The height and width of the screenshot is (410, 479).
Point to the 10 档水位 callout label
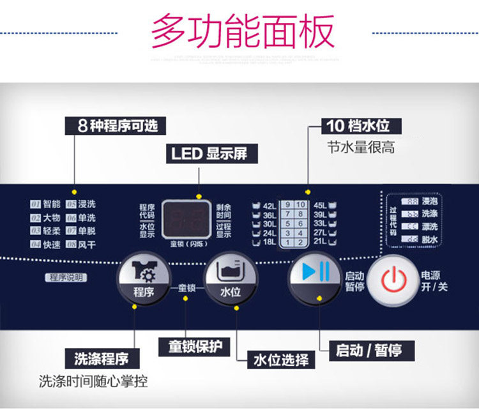[x=358, y=125]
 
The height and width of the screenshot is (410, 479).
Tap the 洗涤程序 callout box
[x=102, y=357]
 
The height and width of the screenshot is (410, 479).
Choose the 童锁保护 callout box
[x=195, y=347]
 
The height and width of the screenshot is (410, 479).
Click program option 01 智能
[x=45, y=204]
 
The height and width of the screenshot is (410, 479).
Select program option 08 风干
[x=81, y=245]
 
